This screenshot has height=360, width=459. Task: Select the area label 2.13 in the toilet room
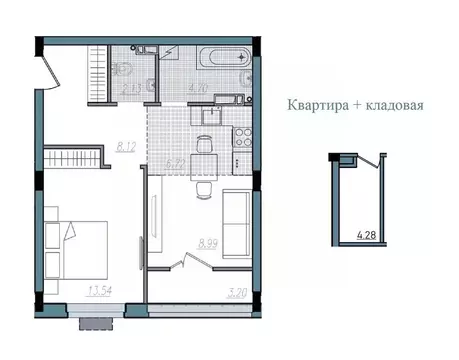click(x=130, y=89)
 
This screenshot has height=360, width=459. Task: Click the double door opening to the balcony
click(x=185, y=262)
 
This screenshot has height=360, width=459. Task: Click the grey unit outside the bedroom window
click(x=97, y=322)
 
